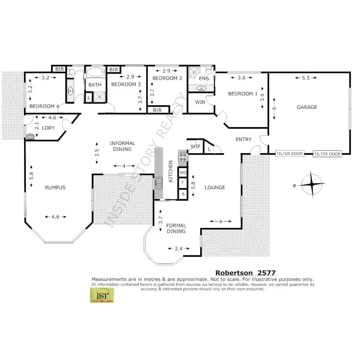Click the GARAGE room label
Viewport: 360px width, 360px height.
coord(307,107)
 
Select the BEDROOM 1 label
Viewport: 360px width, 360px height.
coord(242,94)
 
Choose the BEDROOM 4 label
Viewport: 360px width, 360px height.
coord(45,106)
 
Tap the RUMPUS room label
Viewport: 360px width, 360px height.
coord(55,188)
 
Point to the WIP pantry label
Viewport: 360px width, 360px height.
coord(195,146)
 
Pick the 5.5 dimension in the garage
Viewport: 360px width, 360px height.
coord(305,78)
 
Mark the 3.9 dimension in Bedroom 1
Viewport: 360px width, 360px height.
coord(262,96)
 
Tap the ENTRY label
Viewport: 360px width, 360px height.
coord(243,139)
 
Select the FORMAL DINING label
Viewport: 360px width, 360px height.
coord(176,228)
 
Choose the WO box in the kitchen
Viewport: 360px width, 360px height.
coord(183,172)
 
